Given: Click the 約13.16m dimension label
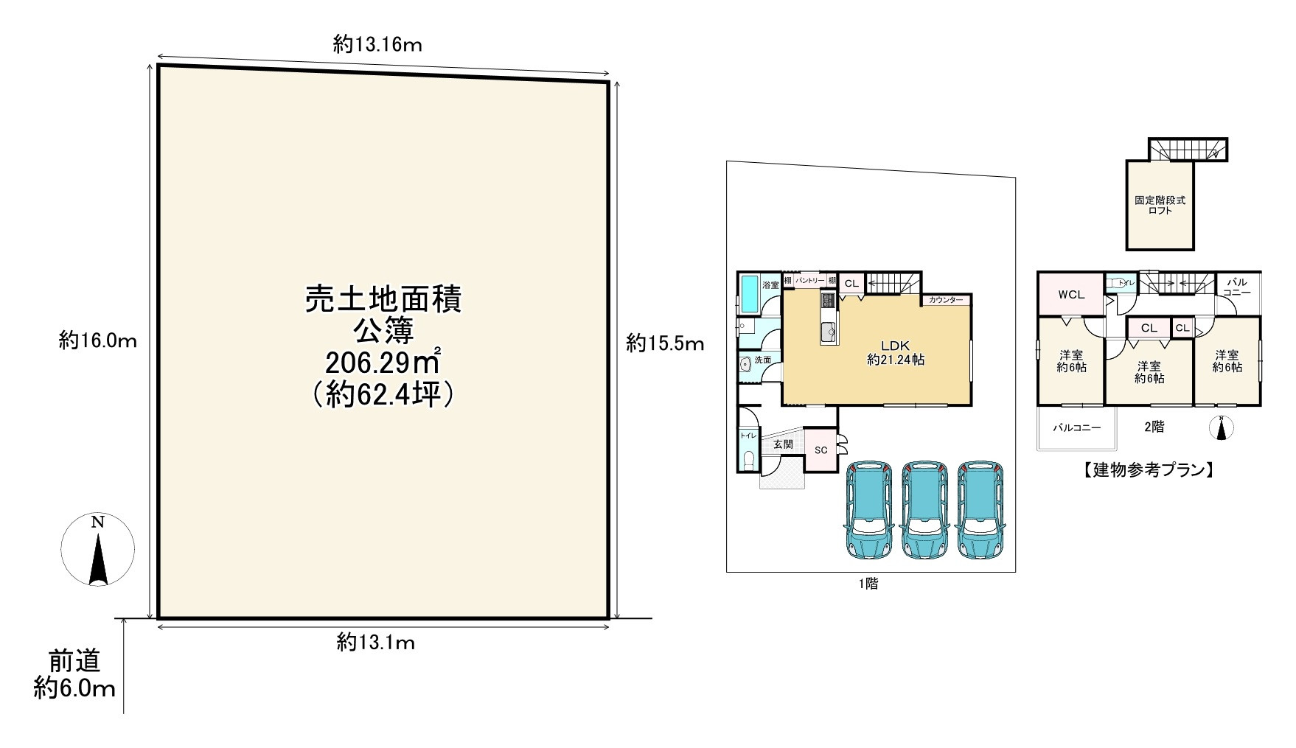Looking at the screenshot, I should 377,45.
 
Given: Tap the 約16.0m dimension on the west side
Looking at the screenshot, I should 98,341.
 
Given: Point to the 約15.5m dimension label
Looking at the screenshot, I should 665,343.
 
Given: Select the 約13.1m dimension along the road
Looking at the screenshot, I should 376,643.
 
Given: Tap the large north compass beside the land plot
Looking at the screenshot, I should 97,550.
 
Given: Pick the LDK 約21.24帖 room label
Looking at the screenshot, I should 896,352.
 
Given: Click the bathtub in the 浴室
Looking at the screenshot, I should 748,296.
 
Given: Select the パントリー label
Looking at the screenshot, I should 809,281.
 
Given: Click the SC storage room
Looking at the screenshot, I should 821,450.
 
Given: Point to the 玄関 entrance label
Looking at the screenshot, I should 783,444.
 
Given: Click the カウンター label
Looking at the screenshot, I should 946,300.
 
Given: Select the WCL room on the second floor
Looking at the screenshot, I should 1071,295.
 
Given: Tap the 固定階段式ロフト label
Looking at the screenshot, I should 1160,205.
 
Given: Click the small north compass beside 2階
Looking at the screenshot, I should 1222,428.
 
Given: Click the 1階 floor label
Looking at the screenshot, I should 868,584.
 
